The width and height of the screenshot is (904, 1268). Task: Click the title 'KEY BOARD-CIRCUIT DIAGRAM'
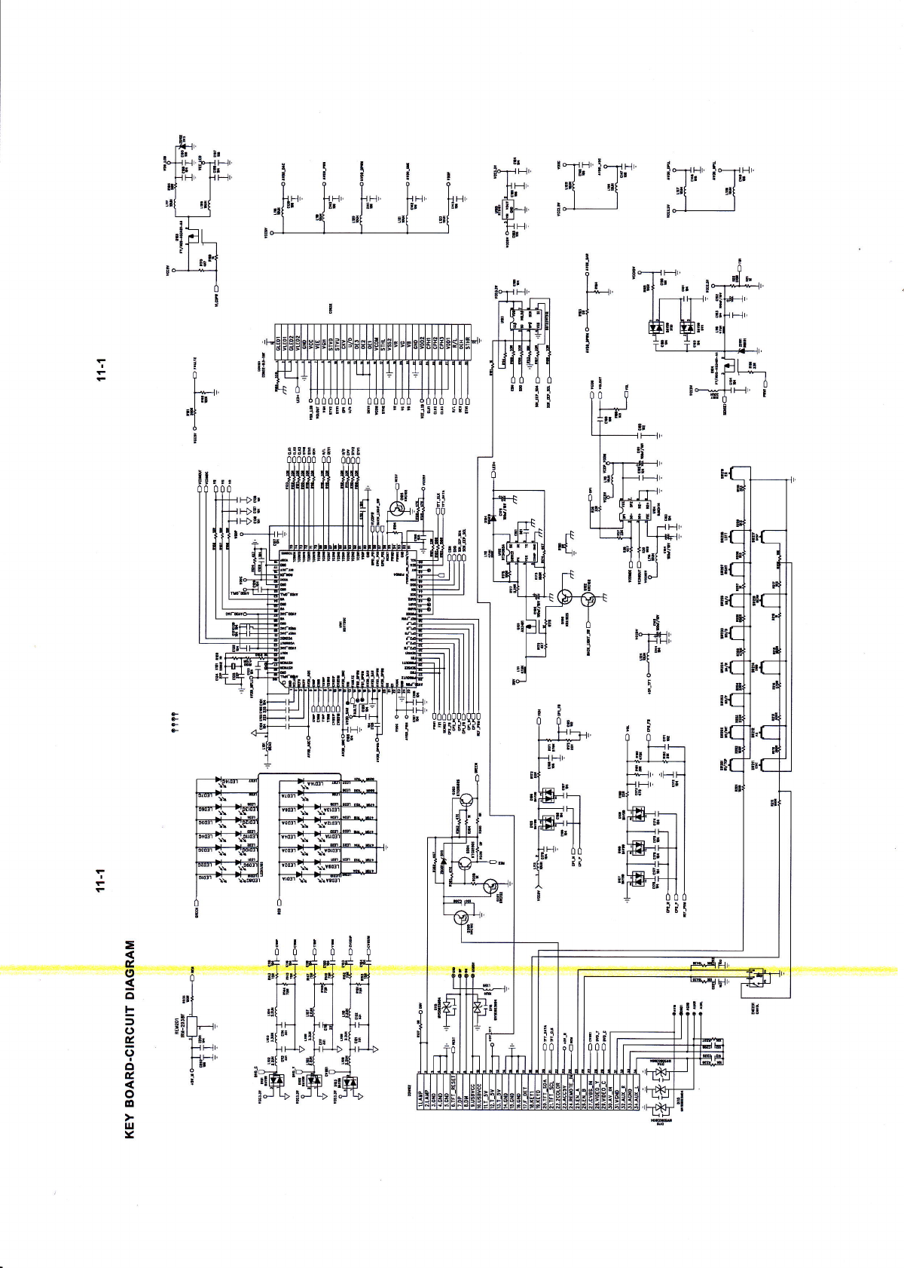pyautogui.click(x=129, y=1040)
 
